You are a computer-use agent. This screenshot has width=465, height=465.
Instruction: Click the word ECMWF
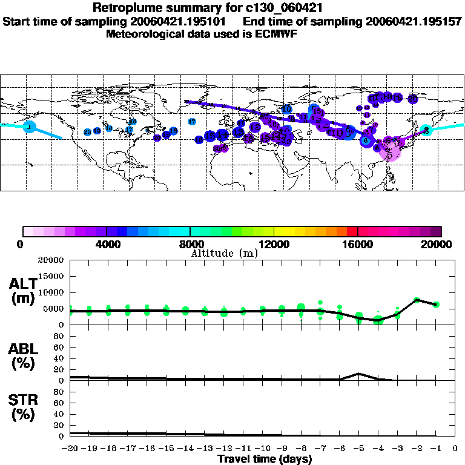(x=277, y=34)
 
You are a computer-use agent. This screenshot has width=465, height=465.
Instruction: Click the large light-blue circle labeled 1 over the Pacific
(x=28, y=127)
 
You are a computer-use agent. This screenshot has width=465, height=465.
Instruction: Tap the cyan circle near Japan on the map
(x=426, y=130)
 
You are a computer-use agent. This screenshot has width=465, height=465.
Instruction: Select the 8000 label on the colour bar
(x=190, y=245)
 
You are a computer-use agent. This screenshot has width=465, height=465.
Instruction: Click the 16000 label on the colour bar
(x=358, y=245)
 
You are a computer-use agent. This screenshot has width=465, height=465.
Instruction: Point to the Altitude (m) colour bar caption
(x=225, y=254)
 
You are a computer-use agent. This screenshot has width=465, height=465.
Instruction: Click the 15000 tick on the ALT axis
(x=51, y=276)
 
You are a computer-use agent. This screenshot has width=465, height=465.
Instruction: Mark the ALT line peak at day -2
(x=417, y=300)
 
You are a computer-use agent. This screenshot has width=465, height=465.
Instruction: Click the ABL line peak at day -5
(x=359, y=374)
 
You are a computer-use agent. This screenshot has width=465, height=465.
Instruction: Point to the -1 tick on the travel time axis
(x=436, y=449)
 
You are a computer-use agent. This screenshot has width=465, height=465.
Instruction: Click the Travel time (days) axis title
(x=265, y=460)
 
